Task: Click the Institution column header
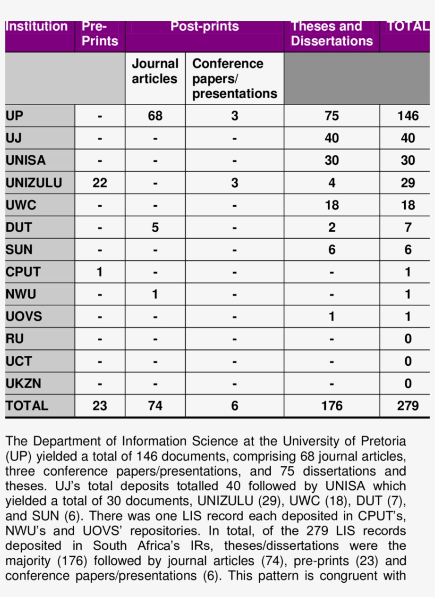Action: click(x=37, y=27)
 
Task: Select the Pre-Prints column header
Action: click(x=100, y=34)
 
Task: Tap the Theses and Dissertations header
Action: click(x=332, y=34)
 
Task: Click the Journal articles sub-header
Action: click(x=155, y=72)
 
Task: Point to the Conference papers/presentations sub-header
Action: click(x=234, y=78)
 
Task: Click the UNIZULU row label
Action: click(x=34, y=183)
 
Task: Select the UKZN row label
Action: click(x=23, y=383)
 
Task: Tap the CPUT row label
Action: click(x=23, y=272)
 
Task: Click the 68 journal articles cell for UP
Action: click(x=155, y=116)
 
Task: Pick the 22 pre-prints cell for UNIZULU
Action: click(x=100, y=183)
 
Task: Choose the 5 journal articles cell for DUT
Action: click(x=155, y=227)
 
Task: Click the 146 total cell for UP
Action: click(x=407, y=116)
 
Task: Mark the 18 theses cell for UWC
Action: click(x=332, y=205)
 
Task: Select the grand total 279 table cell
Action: click(x=407, y=406)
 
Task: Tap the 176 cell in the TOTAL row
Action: click(x=332, y=406)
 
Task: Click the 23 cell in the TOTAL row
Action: click(x=100, y=406)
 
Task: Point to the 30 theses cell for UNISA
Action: click(x=332, y=161)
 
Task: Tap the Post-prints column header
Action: click(x=204, y=27)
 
